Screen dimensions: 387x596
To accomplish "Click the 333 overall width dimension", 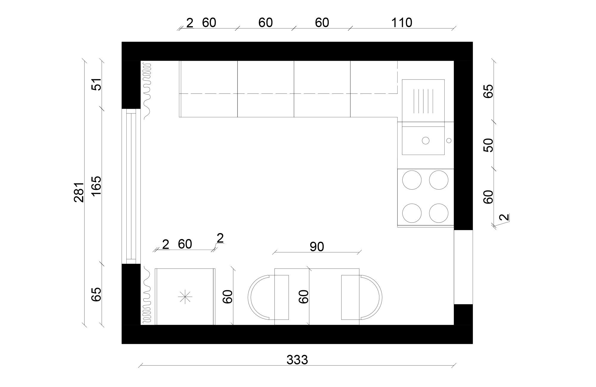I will click(x=297, y=360).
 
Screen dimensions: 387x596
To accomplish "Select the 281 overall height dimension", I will click(x=79, y=192).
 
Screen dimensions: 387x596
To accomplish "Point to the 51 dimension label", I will click(x=97, y=84).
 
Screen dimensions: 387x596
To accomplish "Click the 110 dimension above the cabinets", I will click(x=401, y=23).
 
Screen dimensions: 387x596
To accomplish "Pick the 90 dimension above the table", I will click(x=316, y=247).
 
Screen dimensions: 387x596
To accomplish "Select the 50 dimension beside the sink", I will click(x=488, y=145).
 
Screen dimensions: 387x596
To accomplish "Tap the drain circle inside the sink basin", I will click(x=426, y=141).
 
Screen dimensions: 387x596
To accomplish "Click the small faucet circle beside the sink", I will click(x=449, y=141).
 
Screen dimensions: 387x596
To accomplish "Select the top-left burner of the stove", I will click(x=412, y=180).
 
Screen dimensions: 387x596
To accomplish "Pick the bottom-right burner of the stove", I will click(x=439, y=213).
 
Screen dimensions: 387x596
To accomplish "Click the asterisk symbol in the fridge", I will click(x=185, y=297).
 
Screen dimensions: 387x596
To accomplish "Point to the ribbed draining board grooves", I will click(x=423, y=101).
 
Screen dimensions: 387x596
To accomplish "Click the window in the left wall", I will click(x=131, y=186).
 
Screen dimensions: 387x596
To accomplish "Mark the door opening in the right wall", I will click(x=463, y=267).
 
